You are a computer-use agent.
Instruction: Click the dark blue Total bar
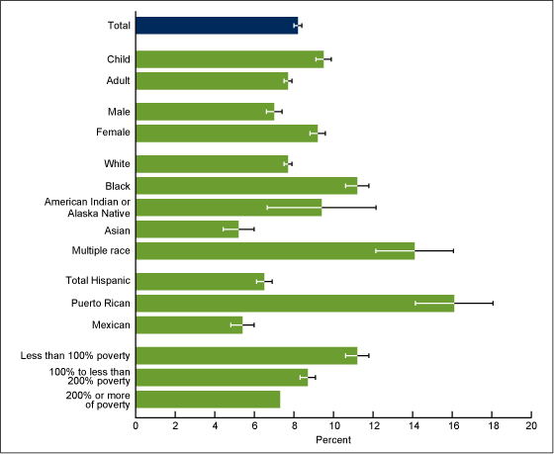217,26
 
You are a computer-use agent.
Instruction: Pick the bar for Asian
187,228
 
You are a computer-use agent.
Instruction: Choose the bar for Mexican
189,324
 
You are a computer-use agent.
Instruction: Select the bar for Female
227,133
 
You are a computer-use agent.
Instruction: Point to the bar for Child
230,59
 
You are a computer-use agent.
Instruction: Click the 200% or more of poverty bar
208,399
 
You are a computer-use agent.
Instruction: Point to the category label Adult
118,80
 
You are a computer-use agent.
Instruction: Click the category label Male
119,111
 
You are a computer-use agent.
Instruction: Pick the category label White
117,163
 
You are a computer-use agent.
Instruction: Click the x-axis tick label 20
531,425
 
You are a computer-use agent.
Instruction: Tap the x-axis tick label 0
136,425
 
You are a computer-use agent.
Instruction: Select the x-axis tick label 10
333,425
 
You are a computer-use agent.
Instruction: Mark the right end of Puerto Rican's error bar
493,303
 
